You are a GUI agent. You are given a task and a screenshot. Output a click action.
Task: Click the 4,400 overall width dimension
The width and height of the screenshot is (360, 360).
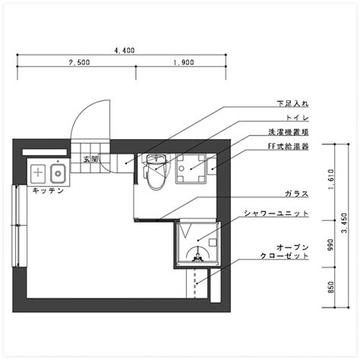125,50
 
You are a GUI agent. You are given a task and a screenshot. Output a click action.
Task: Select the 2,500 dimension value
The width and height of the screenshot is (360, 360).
79,62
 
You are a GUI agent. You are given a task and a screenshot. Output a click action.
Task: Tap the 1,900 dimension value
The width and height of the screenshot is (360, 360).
184,62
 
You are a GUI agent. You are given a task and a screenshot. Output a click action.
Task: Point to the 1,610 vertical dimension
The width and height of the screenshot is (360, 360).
330,180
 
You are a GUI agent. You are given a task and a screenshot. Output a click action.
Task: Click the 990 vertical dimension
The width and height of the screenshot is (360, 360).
330,245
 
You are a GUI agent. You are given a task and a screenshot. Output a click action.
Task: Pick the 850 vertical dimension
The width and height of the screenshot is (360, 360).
330,287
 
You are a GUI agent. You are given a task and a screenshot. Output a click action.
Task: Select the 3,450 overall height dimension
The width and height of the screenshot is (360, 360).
345,223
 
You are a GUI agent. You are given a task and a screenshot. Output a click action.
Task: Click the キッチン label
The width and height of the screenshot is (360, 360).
48,191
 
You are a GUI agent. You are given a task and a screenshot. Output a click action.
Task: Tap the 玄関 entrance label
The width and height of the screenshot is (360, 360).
90,159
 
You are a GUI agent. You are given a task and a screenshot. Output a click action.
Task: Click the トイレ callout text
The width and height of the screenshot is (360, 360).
297,118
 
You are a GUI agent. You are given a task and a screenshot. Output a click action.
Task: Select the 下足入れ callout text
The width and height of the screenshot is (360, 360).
292,103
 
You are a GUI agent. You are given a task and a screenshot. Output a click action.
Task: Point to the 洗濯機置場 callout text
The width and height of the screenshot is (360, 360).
289,132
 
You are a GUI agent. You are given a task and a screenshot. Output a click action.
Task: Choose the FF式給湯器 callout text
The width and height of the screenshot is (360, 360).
289,147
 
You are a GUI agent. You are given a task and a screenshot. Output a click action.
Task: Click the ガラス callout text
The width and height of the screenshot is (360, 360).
297,194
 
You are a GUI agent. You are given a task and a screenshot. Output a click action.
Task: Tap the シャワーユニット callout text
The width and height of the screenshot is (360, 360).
276,213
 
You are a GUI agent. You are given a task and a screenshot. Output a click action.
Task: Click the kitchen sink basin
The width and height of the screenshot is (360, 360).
58,174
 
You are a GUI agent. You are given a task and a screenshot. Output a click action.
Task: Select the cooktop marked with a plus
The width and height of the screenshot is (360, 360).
38,173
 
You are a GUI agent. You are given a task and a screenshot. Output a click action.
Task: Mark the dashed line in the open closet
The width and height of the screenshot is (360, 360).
194,283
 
